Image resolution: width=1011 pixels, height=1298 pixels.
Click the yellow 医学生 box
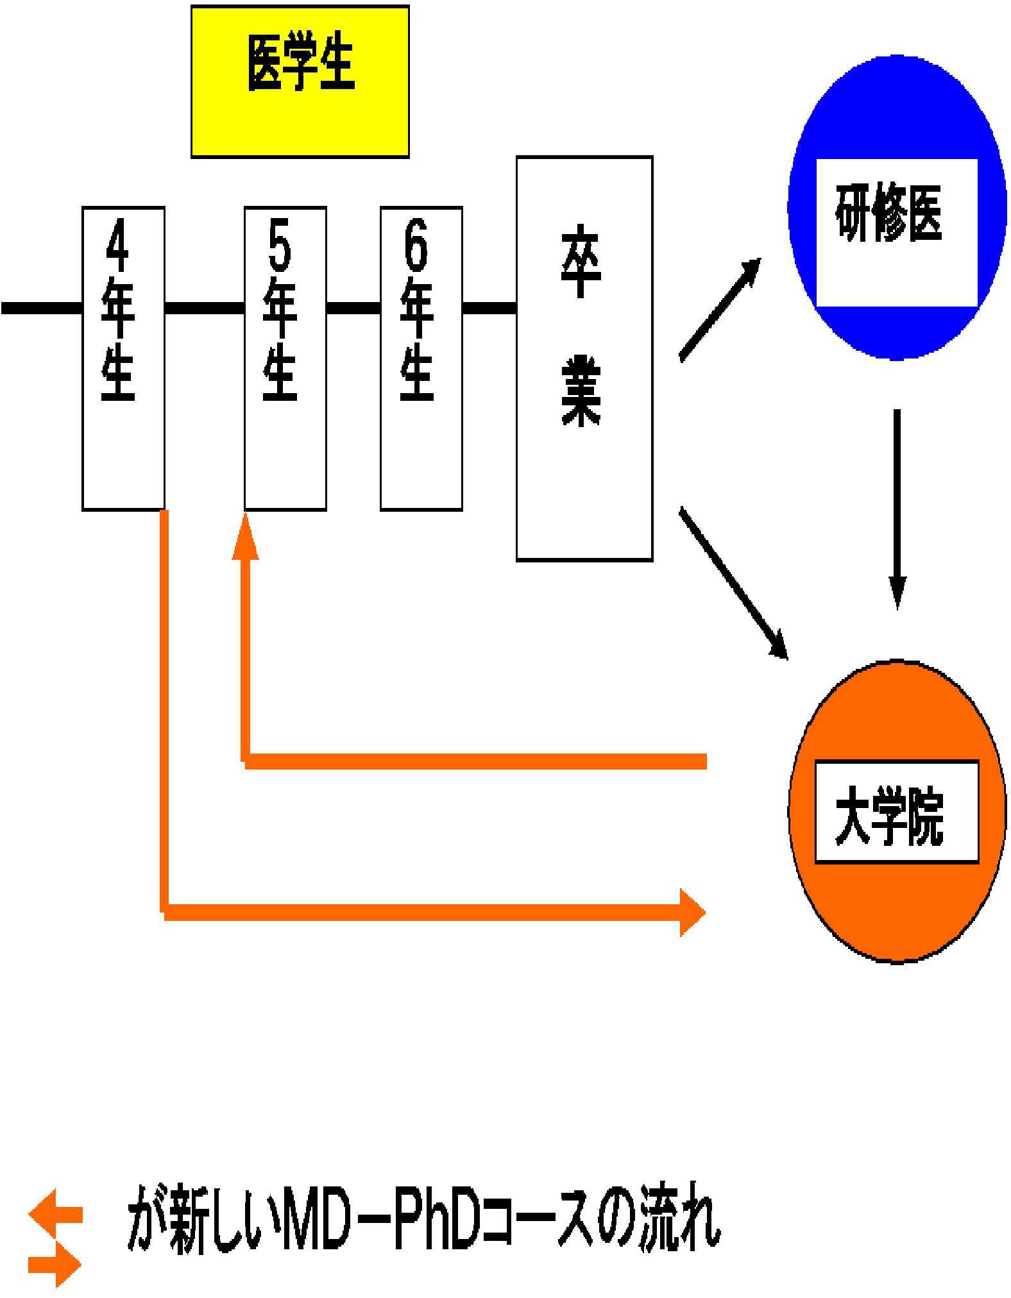(300, 81)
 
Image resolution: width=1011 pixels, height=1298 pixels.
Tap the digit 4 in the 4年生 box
(118, 246)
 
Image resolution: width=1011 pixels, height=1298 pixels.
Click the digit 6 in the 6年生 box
(416, 246)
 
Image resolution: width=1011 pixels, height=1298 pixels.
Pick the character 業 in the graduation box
(581, 391)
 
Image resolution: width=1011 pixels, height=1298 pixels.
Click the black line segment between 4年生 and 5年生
(204, 308)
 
